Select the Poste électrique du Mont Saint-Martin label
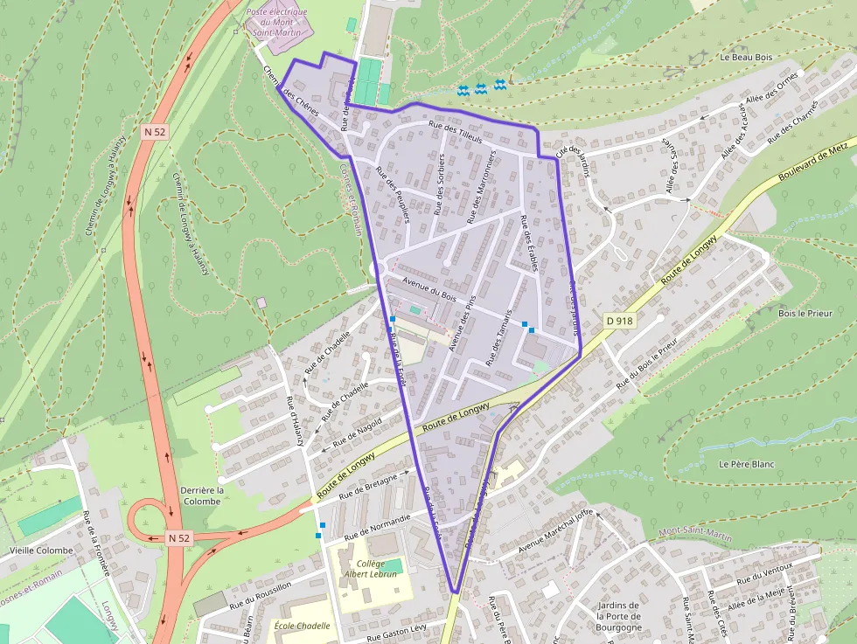(x=276, y=23)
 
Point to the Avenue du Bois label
(x=425, y=286)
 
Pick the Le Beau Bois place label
(x=746, y=57)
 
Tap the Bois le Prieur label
(x=805, y=313)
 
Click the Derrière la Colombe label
(x=202, y=495)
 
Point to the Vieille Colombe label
(x=41, y=551)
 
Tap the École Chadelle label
(x=302, y=626)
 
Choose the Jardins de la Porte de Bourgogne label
(x=618, y=617)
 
